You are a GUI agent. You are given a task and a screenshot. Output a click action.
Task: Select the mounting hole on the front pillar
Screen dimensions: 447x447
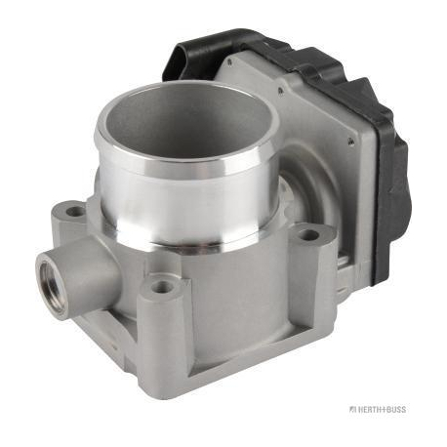162,286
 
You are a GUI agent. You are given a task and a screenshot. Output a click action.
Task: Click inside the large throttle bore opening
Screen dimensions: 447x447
186,119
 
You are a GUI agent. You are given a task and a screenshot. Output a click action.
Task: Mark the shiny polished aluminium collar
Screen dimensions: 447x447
186,195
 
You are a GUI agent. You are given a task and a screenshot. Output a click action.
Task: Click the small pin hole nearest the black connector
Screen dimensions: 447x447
230,61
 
